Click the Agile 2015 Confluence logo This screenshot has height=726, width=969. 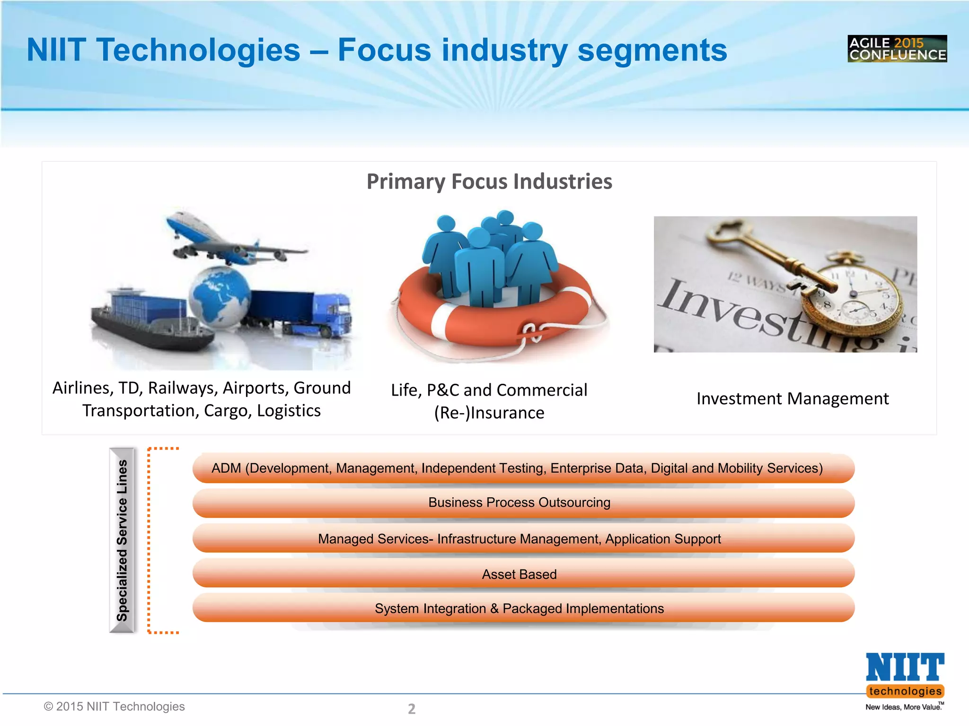pos(897,49)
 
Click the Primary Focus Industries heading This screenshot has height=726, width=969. pos(489,181)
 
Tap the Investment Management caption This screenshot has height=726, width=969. pos(793,398)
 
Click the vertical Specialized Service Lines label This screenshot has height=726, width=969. pos(122,540)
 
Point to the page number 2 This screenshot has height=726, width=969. pos(412,709)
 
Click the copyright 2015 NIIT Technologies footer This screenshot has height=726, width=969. pos(114,706)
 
